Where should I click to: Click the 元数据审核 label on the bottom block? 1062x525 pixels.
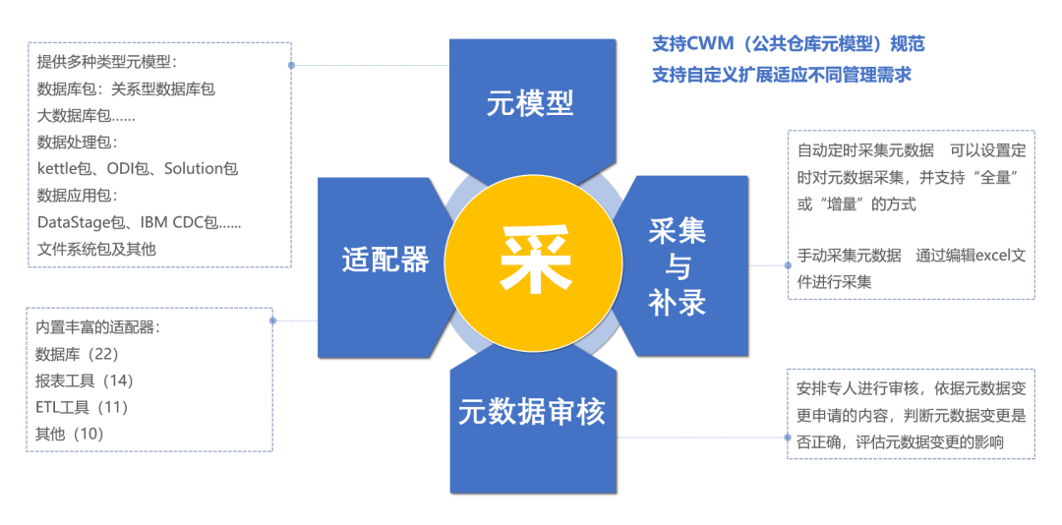tap(532, 411)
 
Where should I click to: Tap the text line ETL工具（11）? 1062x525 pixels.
tap(82, 407)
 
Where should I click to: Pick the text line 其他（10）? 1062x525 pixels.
tap(69, 434)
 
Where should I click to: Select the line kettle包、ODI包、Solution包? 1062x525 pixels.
tap(138, 168)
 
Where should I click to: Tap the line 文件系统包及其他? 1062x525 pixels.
tap(96, 248)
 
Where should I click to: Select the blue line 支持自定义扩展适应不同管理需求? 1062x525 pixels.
tap(782, 75)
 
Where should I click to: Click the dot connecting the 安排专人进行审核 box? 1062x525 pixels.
tap(788, 436)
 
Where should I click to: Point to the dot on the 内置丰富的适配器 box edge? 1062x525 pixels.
tap(272, 321)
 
